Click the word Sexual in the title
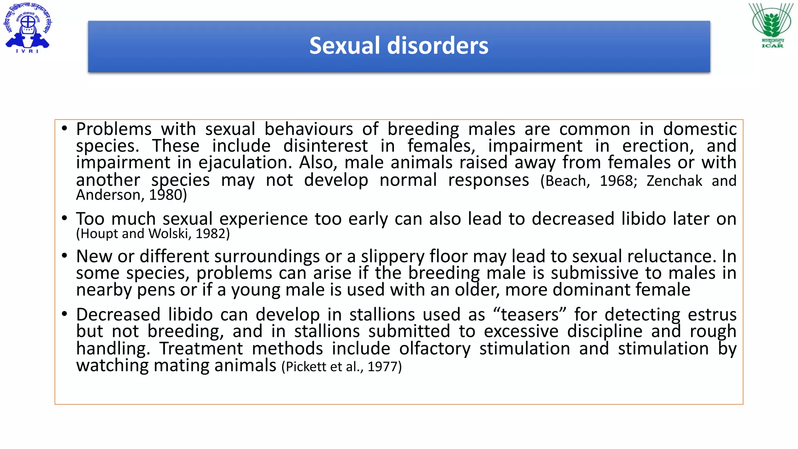[344, 46]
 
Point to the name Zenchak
[674, 181]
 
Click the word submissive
[594, 273]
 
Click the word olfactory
[435, 349]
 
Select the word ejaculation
[245, 163]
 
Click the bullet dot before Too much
[65, 218]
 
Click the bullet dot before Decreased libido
[65, 314]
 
